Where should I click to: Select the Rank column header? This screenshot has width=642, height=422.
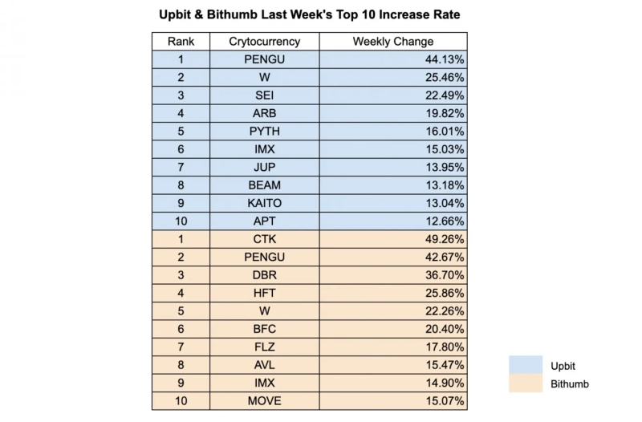pyautogui.click(x=181, y=42)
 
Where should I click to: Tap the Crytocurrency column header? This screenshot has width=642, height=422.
pyautogui.click(x=264, y=42)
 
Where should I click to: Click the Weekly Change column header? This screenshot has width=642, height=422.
pyautogui.click(x=392, y=42)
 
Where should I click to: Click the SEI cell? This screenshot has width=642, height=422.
pyautogui.click(x=264, y=95)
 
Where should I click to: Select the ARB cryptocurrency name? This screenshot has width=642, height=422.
pyautogui.click(x=264, y=113)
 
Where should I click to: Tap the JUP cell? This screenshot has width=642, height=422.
pyautogui.click(x=264, y=167)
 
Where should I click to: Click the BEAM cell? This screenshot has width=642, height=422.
pyautogui.click(x=264, y=185)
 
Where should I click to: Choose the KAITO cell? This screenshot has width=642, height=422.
pyautogui.click(x=264, y=203)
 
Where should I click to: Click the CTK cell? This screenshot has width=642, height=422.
pyautogui.click(x=264, y=239)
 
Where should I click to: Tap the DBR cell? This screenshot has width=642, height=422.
pyautogui.click(x=264, y=275)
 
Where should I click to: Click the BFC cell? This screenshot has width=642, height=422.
pyautogui.click(x=264, y=329)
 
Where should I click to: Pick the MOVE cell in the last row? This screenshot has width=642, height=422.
pyautogui.click(x=264, y=400)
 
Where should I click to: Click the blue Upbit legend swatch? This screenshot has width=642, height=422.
pyautogui.click(x=526, y=365)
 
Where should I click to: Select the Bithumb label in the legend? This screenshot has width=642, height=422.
pyautogui.click(x=569, y=383)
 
